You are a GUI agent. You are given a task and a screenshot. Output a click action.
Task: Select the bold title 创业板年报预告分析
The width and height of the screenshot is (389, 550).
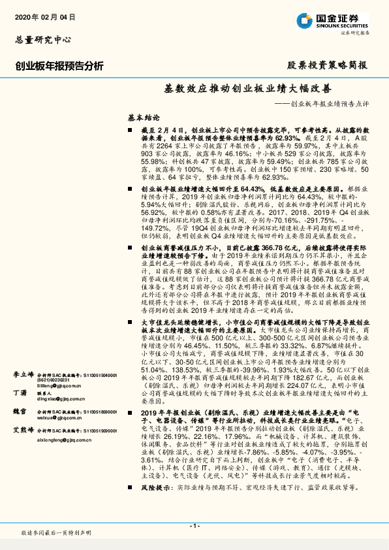(x=59, y=65)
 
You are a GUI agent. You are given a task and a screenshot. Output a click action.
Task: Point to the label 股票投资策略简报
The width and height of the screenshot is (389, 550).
(x=328, y=65)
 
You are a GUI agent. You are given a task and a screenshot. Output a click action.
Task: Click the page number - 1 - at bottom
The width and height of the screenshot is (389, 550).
(x=194, y=526)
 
